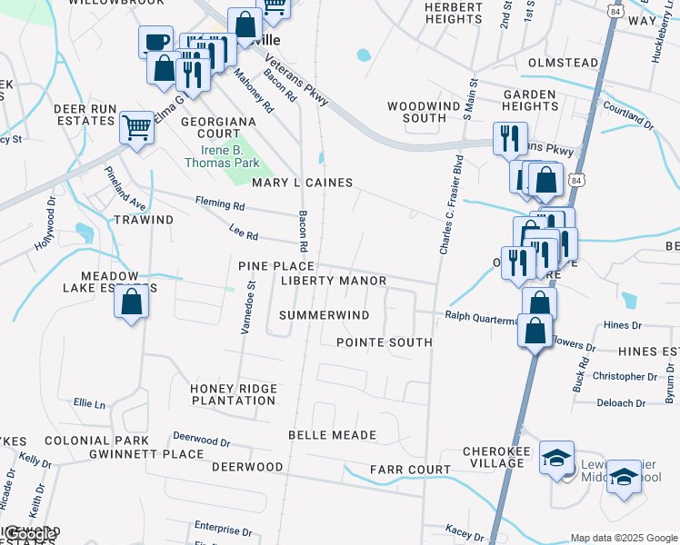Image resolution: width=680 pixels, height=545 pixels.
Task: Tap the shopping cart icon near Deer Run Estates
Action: click(136, 127)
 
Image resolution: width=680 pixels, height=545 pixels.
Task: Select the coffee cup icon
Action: click(155, 41)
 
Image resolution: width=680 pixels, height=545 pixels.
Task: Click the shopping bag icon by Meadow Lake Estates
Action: click(132, 302)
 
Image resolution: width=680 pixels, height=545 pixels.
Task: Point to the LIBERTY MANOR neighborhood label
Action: click(334, 282)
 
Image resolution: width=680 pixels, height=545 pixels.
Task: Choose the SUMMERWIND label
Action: click(325, 315)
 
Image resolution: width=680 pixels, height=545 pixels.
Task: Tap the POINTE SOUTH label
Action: click(384, 342)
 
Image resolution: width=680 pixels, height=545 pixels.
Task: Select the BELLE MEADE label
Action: click(332, 435)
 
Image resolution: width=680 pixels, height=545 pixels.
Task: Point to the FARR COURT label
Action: click(410, 470)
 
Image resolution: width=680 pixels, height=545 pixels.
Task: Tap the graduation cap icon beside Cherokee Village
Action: click(556, 457)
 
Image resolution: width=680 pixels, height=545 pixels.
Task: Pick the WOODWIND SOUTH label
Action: click(417, 113)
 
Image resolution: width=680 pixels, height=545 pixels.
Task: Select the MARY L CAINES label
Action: click(302, 183)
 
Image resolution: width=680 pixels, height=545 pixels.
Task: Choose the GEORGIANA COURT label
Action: click(223, 127)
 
